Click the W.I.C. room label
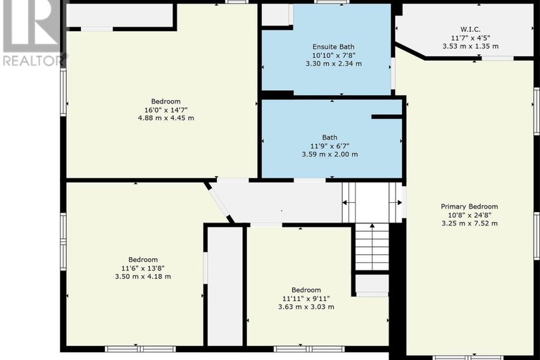470,29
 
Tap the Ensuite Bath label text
333,45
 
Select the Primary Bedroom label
470,206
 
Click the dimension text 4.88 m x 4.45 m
165,118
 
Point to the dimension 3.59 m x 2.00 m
329,154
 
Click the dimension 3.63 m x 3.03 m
306,307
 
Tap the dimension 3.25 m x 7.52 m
470,223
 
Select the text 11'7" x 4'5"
470,37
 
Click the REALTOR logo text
32,61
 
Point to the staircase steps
371,246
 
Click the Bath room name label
329,137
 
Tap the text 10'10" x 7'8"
333,54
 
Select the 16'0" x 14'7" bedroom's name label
165,101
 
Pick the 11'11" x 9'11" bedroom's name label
306,290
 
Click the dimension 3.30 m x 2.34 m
333,63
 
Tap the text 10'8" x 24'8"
470,215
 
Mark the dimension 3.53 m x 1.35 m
470,46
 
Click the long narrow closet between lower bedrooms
225,285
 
